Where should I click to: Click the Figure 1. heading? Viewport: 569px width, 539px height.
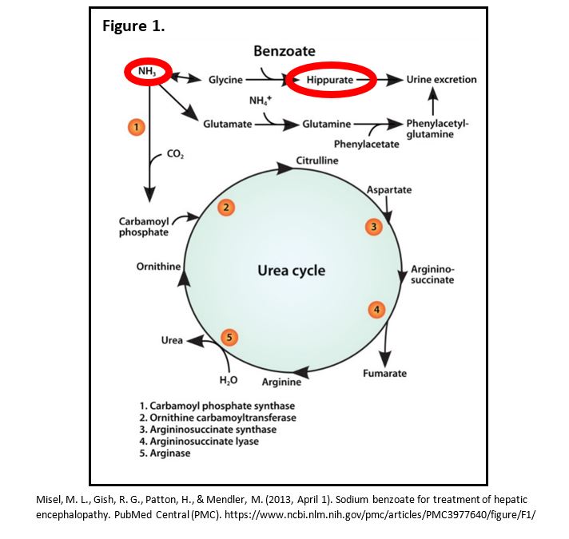click(x=133, y=26)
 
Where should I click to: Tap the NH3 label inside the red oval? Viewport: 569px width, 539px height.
click(x=146, y=72)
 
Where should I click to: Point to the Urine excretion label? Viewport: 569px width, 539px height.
click(x=441, y=80)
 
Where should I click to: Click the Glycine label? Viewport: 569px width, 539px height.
click(x=225, y=80)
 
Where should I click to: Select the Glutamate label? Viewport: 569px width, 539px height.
click(x=228, y=125)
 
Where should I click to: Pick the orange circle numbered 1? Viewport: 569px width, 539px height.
click(x=137, y=126)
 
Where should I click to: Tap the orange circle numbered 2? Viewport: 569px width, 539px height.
click(x=227, y=208)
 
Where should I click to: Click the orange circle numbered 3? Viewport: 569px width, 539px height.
click(x=373, y=227)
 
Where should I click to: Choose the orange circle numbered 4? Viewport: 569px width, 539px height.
click(x=378, y=308)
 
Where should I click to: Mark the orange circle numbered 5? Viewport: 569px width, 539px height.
click(x=229, y=338)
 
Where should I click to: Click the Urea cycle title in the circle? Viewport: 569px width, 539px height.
click(x=291, y=271)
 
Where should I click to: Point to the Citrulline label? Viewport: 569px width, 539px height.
click(x=316, y=161)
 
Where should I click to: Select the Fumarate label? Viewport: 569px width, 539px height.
click(x=384, y=373)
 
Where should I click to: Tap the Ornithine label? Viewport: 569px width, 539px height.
click(x=158, y=267)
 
